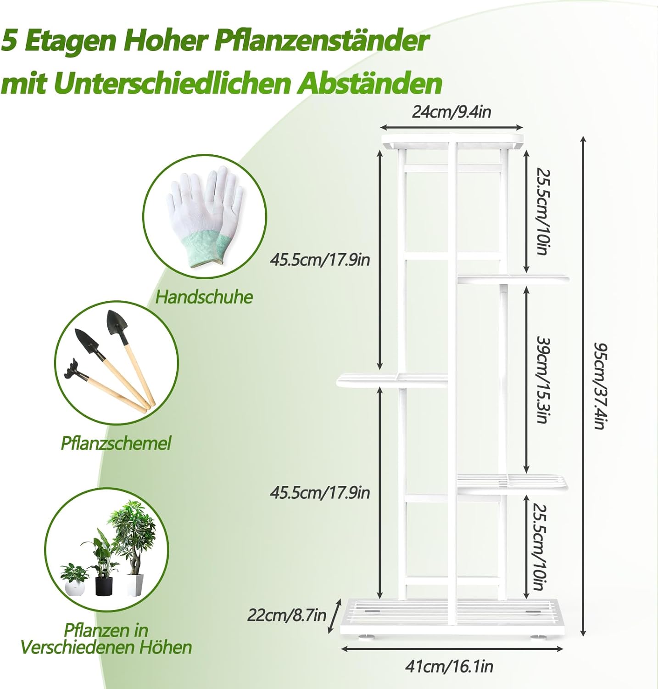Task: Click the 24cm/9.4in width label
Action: pyautogui.click(x=452, y=112)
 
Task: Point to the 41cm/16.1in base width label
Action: pyautogui.click(x=449, y=666)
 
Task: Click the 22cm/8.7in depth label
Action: pyautogui.click(x=286, y=615)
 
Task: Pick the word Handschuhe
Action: pyautogui.click(x=204, y=297)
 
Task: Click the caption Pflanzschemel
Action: pyautogui.click(x=116, y=443)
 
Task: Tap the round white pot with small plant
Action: pyautogui.click(x=75, y=587)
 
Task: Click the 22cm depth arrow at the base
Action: pyautogui.click(x=335, y=616)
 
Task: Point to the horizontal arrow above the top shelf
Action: pyautogui.click(x=452, y=127)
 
